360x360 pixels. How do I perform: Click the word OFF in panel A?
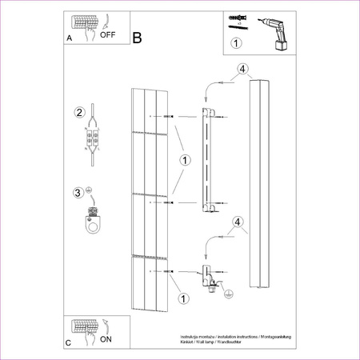[107, 35]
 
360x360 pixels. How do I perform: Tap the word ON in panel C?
[106, 339]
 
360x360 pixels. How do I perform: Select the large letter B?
[137, 38]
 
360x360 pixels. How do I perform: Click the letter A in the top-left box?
[69, 38]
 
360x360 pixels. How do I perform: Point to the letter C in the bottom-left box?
[69, 343]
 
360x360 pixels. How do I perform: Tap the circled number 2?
[78, 111]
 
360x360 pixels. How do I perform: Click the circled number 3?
[78, 192]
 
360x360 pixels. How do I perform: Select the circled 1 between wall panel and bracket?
[184, 160]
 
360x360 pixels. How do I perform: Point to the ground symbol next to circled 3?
[89, 190]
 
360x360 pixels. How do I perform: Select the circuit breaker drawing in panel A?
[84, 22]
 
